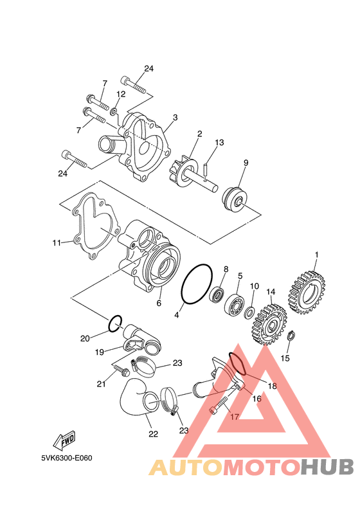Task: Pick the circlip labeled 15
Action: (x=292, y=336)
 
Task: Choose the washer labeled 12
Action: (x=114, y=112)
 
